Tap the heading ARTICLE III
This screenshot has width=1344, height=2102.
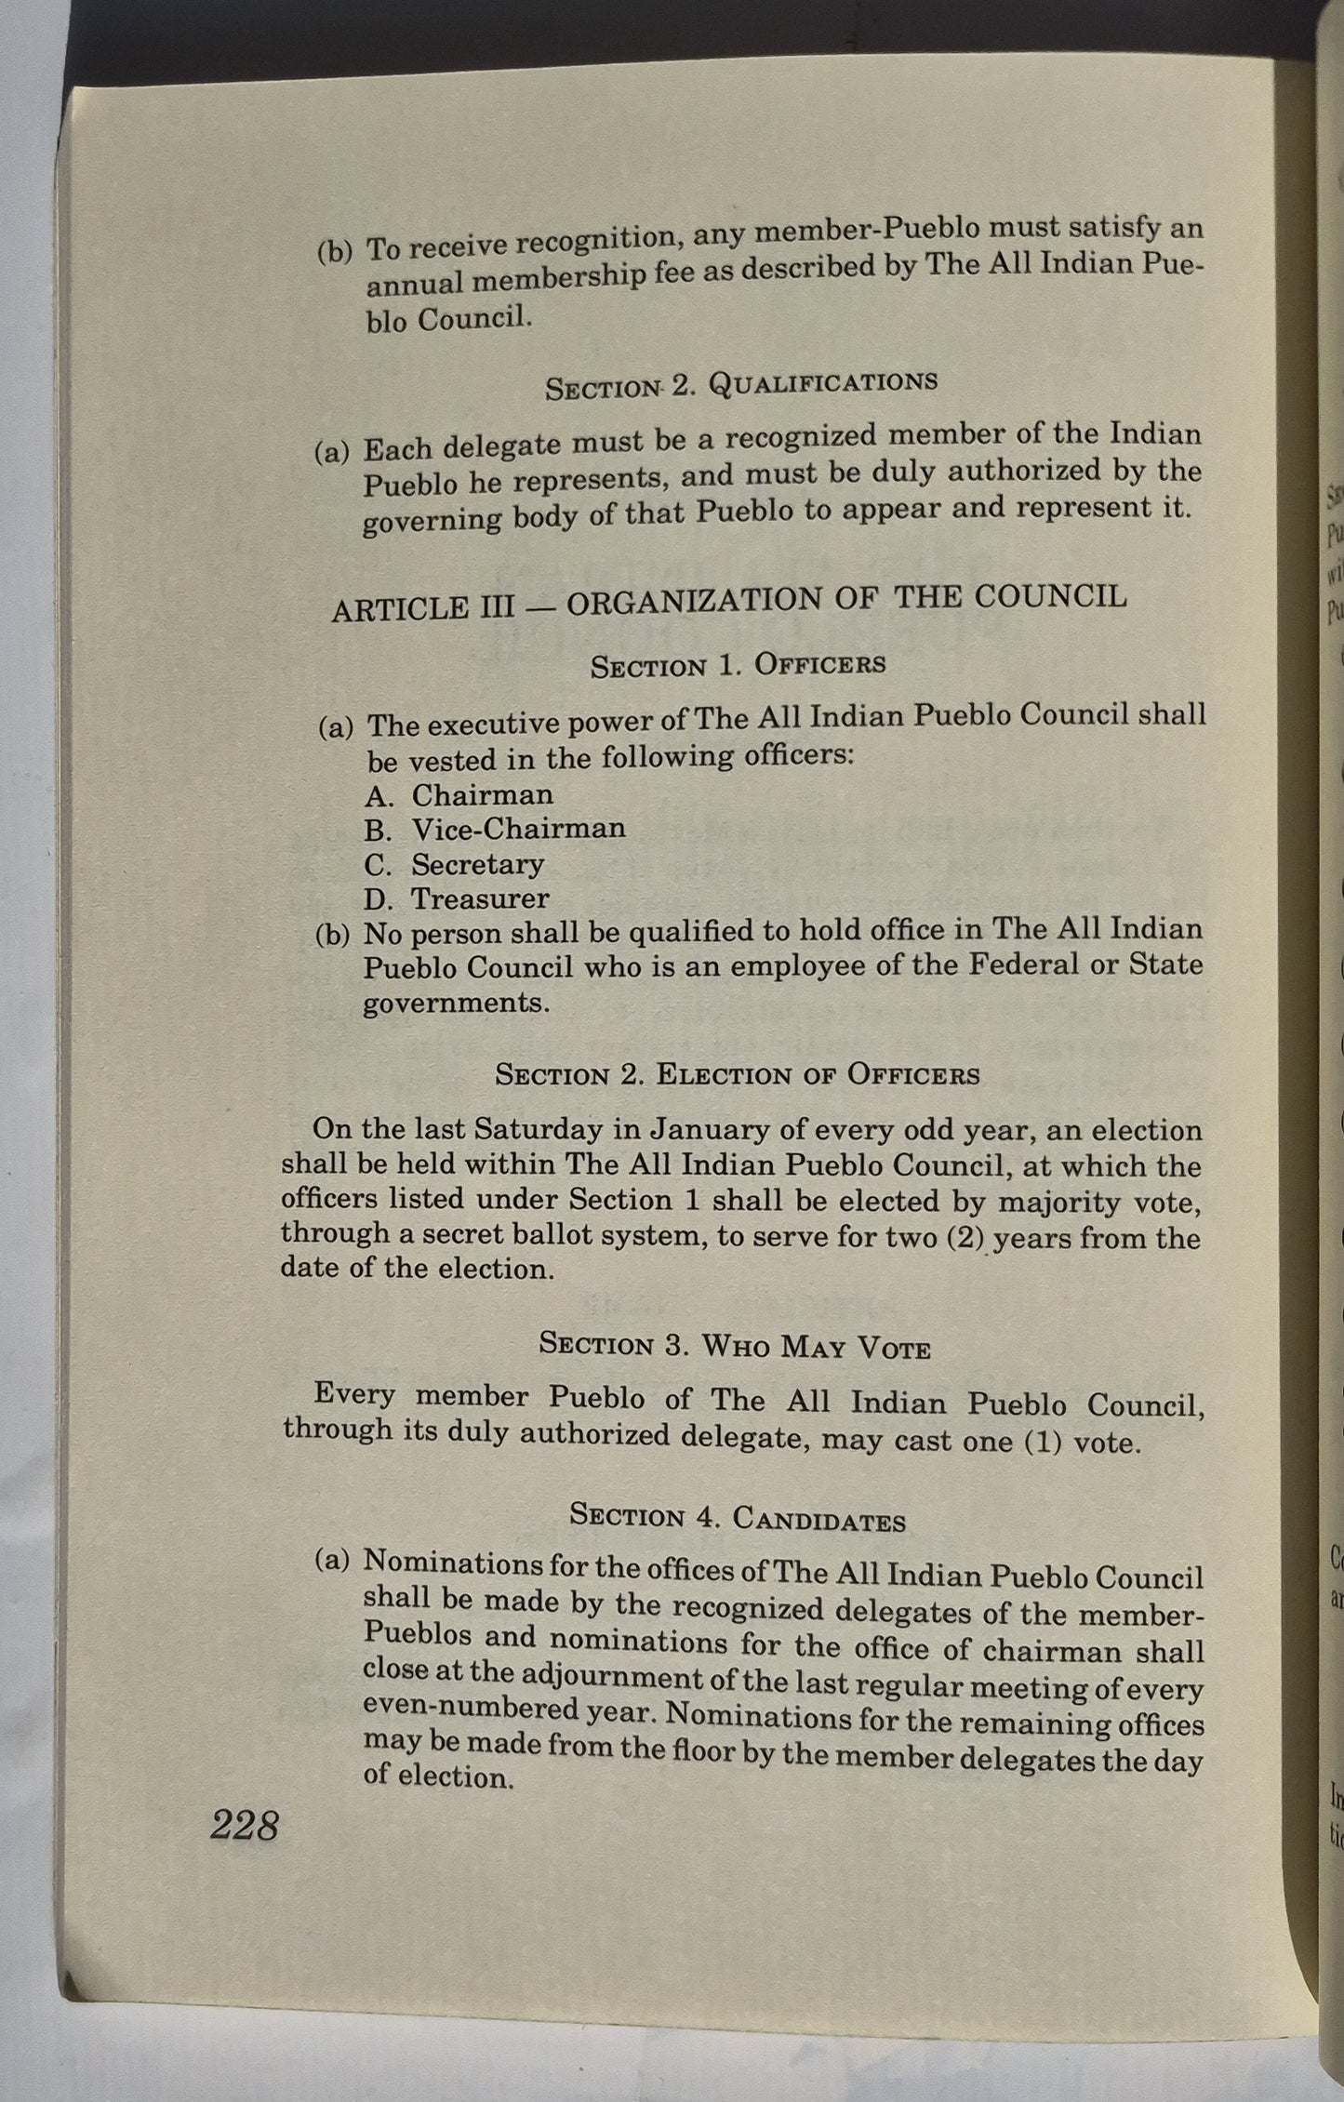pos(423,609)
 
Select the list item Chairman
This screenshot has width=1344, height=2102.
pos(482,795)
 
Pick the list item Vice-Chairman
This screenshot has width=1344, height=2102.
pos(518,829)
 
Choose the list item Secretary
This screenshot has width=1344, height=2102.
pos(477,865)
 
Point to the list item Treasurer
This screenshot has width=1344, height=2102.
pos(480,899)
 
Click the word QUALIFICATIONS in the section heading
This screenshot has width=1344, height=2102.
pos(822,382)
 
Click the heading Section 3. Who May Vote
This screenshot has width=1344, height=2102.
pos(735,1346)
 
